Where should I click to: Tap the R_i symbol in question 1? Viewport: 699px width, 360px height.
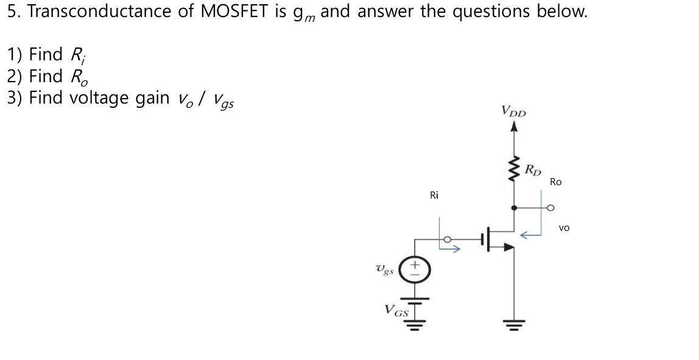[x=78, y=55]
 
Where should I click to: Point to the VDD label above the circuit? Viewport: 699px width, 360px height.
[x=513, y=111]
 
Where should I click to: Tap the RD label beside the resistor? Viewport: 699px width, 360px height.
[x=533, y=169]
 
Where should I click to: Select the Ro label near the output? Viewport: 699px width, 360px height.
[x=555, y=182]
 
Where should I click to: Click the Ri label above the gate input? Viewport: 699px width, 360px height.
[x=434, y=195]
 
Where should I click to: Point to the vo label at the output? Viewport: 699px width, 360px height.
[x=564, y=228]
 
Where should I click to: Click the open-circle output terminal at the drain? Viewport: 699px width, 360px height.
[x=551, y=208]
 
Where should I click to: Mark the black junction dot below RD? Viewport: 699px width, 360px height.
[x=515, y=208]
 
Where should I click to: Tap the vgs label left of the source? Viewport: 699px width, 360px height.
[x=385, y=269]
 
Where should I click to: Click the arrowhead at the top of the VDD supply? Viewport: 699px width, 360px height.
[x=515, y=126]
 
